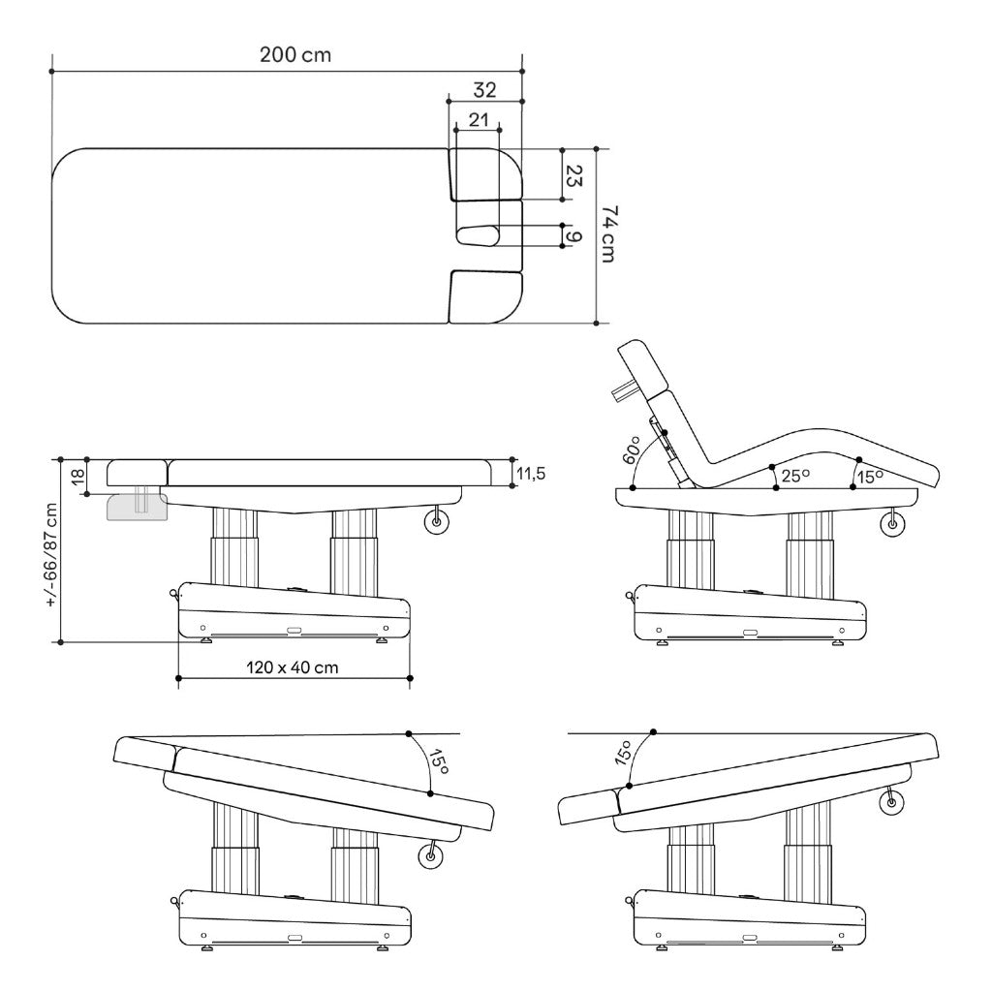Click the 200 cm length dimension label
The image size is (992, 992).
click(x=295, y=55)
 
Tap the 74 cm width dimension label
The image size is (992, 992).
click(x=608, y=233)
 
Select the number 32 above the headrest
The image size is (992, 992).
click(x=484, y=90)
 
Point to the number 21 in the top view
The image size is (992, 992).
click(x=479, y=119)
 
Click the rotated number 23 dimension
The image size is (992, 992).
click(x=573, y=175)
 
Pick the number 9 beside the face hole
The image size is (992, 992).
click(x=573, y=236)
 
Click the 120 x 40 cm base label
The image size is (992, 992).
click(x=293, y=666)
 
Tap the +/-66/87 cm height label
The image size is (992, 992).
click(x=52, y=555)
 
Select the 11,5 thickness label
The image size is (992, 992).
click(x=530, y=473)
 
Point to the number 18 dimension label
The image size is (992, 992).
click(x=77, y=477)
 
